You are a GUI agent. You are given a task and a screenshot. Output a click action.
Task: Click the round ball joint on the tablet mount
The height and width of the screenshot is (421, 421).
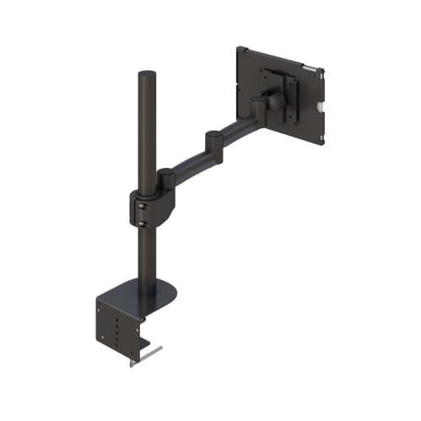pyautogui.click(x=276, y=100)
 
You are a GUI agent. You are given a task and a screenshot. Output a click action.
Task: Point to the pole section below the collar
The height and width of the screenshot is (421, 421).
pyautogui.click(x=147, y=257)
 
